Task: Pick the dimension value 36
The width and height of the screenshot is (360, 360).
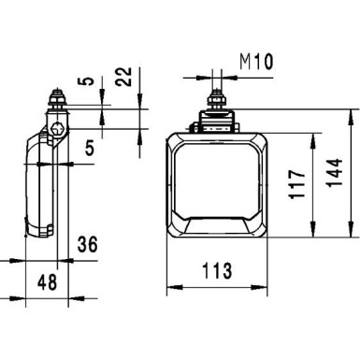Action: (x=87, y=246)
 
